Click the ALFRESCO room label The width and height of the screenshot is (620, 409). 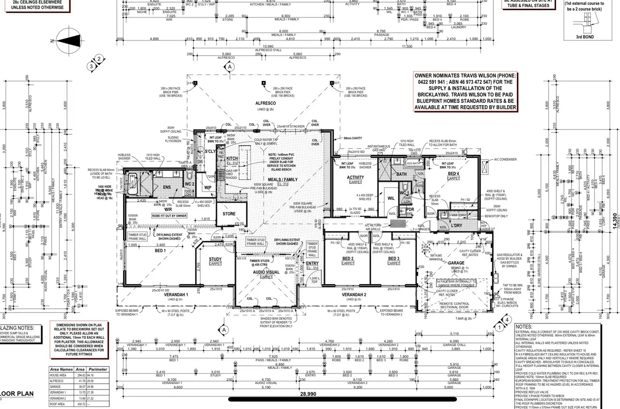coord(265,103)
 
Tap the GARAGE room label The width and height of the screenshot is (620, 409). coord(456,263)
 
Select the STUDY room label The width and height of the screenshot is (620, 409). coord(215,259)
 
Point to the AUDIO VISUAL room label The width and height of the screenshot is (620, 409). coord(266,272)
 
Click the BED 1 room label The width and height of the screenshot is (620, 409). coord(160,251)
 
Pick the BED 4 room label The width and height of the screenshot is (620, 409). coord(453,174)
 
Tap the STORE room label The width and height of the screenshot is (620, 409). coord(229,214)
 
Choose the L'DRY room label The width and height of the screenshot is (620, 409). coord(457,226)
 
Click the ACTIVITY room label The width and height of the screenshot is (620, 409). coord(355,178)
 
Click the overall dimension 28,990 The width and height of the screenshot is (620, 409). coord(308,394)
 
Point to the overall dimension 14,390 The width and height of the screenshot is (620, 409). coord(615,221)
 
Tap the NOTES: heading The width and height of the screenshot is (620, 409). coord(524,327)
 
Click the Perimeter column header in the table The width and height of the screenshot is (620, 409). coord(98,369)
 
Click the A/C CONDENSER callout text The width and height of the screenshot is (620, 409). coord(505,160)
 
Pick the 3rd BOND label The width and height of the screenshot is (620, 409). coord(585,37)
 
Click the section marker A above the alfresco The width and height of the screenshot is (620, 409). coord(230,67)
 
